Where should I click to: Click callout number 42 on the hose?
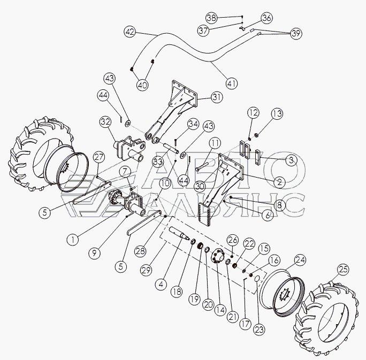[130, 32]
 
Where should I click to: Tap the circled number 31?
[217, 97]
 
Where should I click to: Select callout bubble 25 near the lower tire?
[343, 270]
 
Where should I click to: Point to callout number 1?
[73, 240]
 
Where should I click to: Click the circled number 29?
[146, 271]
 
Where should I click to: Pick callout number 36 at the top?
[267, 18]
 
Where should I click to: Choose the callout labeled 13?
[277, 114]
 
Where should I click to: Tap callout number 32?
[105, 122]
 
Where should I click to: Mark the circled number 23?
[259, 330]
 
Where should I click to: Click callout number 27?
[99, 157]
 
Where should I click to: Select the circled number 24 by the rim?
[300, 260]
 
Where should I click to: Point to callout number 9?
[94, 253]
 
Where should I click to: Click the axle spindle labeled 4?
[179, 233]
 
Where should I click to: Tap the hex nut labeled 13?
[256, 135]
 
